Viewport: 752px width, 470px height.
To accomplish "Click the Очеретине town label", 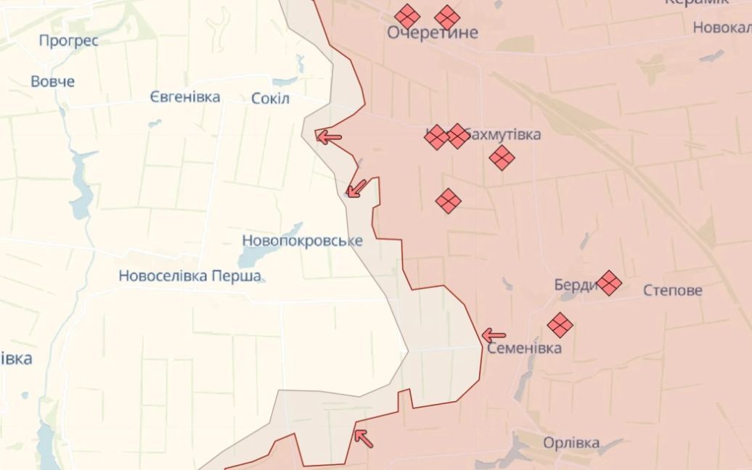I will pyautogui.click(x=433, y=33).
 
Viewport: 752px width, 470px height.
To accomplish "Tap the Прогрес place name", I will pyautogui.click(x=68, y=41).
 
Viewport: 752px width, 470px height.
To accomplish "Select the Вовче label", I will pyautogui.click(x=52, y=81).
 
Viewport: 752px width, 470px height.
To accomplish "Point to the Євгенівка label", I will pyautogui.click(x=185, y=96).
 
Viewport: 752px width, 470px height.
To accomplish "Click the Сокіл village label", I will pyautogui.click(x=270, y=98).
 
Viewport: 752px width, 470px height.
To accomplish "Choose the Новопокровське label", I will pyautogui.click(x=302, y=240).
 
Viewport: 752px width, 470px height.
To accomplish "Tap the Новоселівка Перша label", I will pyautogui.click(x=190, y=276).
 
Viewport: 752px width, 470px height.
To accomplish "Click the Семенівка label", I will pyautogui.click(x=524, y=348).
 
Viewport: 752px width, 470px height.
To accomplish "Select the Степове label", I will pyautogui.click(x=673, y=290).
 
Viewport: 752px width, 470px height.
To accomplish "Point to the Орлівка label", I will pyautogui.click(x=571, y=442).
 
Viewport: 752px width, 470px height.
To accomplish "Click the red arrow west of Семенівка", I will pyautogui.click(x=493, y=335).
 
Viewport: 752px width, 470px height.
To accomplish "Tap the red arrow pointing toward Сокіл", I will pyautogui.click(x=329, y=136).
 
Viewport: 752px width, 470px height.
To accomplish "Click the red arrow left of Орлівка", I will pyautogui.click(x=362, y=437).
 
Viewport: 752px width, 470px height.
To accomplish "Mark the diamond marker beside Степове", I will pyautogui.click(x=608, y=283).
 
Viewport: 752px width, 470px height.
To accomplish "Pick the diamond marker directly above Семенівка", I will pyautogui.click(x=560, y=325).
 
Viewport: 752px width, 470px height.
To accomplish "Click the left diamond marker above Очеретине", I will pyautogui.click(x=407, y=16).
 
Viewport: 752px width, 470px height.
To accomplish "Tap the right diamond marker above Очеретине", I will pyautogui.click(x=447, y=17).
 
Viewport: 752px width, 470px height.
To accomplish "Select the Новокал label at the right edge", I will pyautogui.click(x=722, y=28).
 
